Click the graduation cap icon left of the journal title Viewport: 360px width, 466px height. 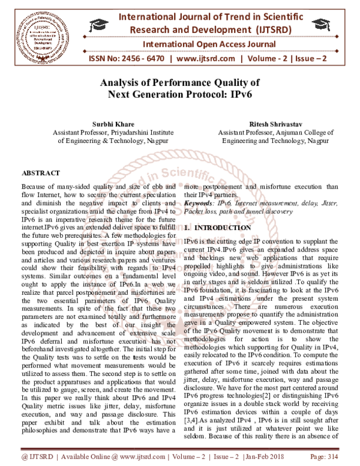click(96, 25)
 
